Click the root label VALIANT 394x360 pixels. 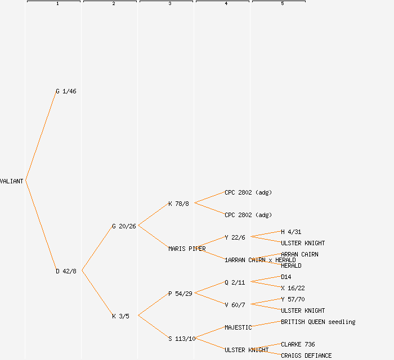(12, 181)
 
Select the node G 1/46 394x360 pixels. (66, 91)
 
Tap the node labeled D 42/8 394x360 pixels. (66, 271)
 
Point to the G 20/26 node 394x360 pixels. (124, 226)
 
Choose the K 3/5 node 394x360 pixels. (120, 316)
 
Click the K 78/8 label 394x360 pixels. (178, 204)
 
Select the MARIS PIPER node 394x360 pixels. (187, 249)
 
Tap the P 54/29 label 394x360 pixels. (180, 294)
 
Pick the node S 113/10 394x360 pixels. (182, 339)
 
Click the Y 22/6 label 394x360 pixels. (235, 237)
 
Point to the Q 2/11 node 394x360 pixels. (235, 282)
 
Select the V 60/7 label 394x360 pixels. (235, 305)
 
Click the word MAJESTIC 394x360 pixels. (238, 327)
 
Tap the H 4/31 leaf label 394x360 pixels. (291, 232)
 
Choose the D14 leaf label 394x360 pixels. (286, 277)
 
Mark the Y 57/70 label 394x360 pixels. (293, 299)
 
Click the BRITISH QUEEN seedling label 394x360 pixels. (318, 322)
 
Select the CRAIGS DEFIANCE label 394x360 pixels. (306, 355)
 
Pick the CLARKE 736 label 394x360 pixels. (298, 344)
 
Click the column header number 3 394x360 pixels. (169, 4)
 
